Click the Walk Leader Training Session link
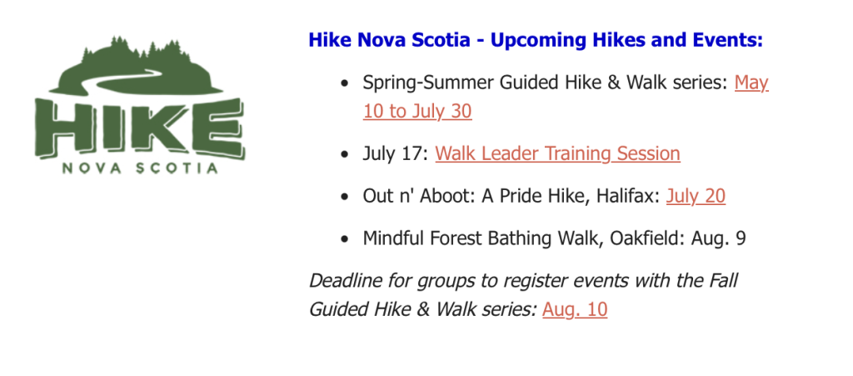[x=557, y=153]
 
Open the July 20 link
[x=696, y=196]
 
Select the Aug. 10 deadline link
[x=575, y=309]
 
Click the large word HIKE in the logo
[x=139, y=127]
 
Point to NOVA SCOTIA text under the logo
[x=140, y=168]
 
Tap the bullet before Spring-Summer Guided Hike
[x=343, y=84]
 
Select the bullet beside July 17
[x=343, y=154]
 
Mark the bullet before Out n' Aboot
[x=343, y=197]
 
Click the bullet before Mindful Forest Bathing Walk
[x=343, y=239]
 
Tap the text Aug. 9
[x=718, y=239]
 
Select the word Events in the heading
[x=730, y=40]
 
